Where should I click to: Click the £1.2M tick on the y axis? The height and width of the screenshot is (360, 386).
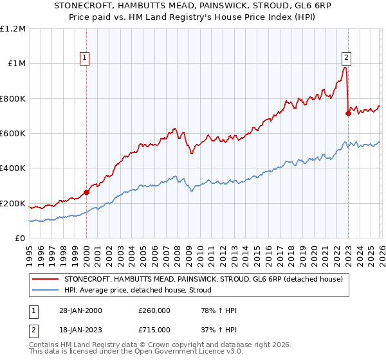point(13,28)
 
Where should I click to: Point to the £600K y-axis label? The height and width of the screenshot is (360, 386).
point(13,133)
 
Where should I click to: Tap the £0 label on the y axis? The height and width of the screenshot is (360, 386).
point(20,239)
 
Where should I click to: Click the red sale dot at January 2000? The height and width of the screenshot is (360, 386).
point(86,192)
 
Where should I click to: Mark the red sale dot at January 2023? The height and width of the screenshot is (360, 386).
point(348,113)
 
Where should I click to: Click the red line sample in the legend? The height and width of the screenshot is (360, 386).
point(46,279)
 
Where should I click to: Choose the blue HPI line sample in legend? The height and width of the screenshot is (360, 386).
point(46,290)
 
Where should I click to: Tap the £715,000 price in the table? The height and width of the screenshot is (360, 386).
point(154,329)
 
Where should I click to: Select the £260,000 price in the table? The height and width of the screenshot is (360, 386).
point(154,310)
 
